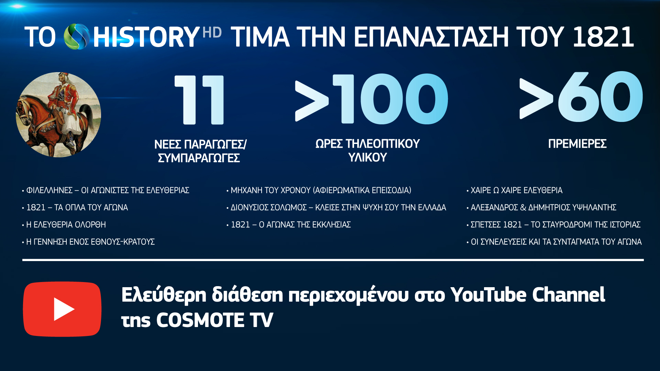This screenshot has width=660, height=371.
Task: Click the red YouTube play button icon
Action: click(x=62, y=309)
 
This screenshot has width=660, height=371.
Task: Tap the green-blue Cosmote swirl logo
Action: click(x=77, y=36)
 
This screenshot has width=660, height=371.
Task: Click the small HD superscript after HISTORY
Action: click(x=212, y=33)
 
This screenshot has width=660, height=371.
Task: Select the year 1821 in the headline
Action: click(x=603, y=37)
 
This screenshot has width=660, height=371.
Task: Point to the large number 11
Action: click(x=199, y=100)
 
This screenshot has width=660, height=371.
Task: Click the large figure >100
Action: click(x=371, y=99)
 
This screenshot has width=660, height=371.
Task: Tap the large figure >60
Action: click(x=581, y=97)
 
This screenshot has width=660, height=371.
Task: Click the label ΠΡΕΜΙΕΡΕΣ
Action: click(x=577, y=144)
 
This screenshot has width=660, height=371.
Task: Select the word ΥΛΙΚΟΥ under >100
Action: click(x=367, y=157)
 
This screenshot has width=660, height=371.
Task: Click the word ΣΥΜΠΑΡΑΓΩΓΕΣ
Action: click(x=199, y=158)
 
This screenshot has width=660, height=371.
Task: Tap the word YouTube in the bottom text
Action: click(x=488, y=295)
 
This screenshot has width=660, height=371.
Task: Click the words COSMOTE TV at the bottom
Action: click(x=215, y=320)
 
